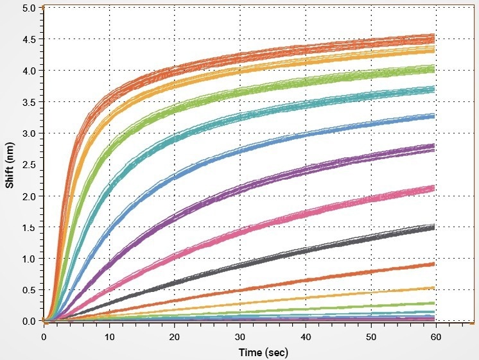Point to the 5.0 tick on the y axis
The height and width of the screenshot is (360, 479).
coord(30,8)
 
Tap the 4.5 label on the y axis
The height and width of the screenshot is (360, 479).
coord(30,39)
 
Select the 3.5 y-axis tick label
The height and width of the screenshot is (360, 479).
coord(30,102)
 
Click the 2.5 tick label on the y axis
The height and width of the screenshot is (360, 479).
coord(30,165)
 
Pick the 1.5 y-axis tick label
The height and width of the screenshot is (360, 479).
coord(30,227)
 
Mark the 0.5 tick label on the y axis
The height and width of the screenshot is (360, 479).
coord(30,290)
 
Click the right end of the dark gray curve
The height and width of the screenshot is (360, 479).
coord(434,227)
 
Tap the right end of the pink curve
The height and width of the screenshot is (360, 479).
coord(434,187)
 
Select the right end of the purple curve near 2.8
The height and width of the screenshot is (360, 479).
coord(434,148)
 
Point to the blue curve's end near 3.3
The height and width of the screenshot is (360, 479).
coord(434,116)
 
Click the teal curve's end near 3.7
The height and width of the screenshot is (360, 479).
coord(434,89)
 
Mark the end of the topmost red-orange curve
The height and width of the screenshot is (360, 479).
coord(434,36)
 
